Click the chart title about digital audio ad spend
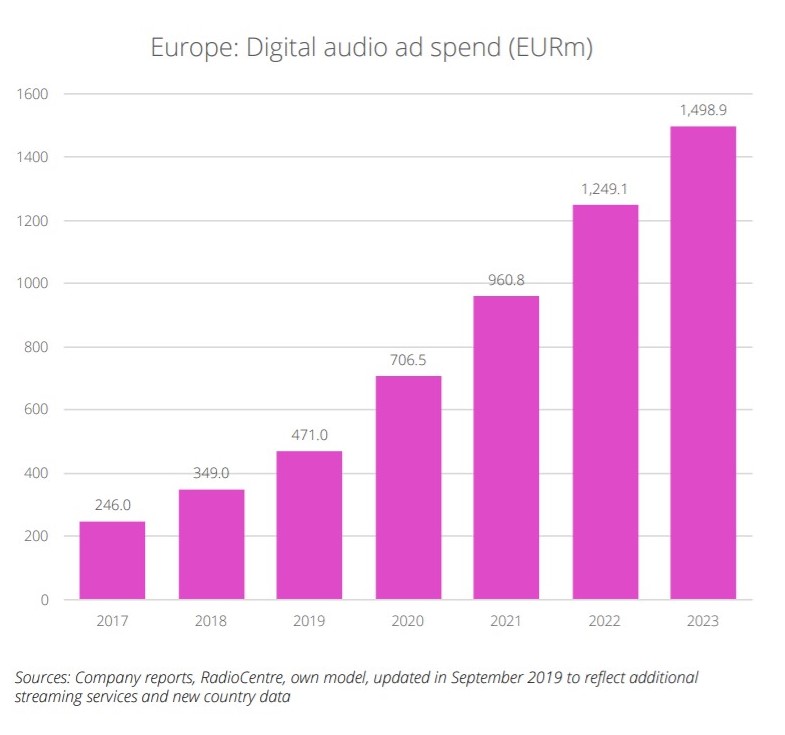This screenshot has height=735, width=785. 371,47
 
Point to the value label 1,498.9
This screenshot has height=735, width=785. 703,110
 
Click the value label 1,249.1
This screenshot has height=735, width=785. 605,189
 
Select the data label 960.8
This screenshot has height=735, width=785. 506,280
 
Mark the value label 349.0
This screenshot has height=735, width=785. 211,473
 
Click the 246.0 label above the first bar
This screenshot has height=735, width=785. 112,505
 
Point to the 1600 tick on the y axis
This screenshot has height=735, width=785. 34,94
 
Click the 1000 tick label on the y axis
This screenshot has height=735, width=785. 34,284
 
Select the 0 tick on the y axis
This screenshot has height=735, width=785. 44,600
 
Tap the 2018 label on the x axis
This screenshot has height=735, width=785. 211,621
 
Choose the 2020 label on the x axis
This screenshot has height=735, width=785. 408,621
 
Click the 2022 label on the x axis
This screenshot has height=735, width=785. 605,621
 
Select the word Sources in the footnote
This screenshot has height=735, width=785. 44,677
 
